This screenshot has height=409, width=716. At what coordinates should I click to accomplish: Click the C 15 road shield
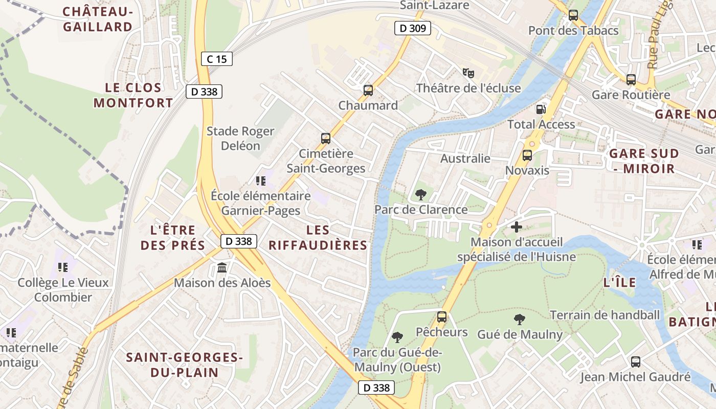point(217,59)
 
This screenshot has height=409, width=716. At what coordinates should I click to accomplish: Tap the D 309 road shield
point(412,28)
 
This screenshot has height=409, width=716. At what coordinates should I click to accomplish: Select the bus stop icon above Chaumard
point(368,90)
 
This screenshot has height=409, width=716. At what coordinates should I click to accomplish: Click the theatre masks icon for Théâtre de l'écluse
point(468,73)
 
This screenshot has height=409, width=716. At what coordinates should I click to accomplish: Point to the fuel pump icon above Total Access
point(541,109)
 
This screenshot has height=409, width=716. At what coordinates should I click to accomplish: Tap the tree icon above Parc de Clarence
point(421,194)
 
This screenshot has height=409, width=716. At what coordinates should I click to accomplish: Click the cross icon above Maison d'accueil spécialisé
point(517,226)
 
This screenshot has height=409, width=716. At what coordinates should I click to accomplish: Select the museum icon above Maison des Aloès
point(222,267)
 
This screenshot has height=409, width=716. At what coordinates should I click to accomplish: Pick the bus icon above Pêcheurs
point(442,317)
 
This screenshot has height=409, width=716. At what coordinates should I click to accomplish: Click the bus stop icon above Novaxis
point(527,155)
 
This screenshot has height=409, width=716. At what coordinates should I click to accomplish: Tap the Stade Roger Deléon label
point(240,139)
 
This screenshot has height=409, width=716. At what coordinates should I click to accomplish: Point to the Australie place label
point(465,158)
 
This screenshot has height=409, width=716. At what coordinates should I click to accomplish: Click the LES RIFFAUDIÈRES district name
point(318,238)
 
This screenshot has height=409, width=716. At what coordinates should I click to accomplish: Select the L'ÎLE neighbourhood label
point(619,282)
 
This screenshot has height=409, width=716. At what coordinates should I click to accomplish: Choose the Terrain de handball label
point(605,315)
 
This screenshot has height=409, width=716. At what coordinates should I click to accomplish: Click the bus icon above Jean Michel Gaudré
point(636,362)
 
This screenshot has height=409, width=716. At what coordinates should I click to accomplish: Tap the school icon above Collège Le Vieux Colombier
point(63,267)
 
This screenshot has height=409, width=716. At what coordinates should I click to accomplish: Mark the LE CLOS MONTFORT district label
point(133,95)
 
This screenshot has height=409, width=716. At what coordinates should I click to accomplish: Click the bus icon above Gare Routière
point(631,80)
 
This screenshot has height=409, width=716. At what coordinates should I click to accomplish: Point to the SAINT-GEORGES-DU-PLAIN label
point(184,365)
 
